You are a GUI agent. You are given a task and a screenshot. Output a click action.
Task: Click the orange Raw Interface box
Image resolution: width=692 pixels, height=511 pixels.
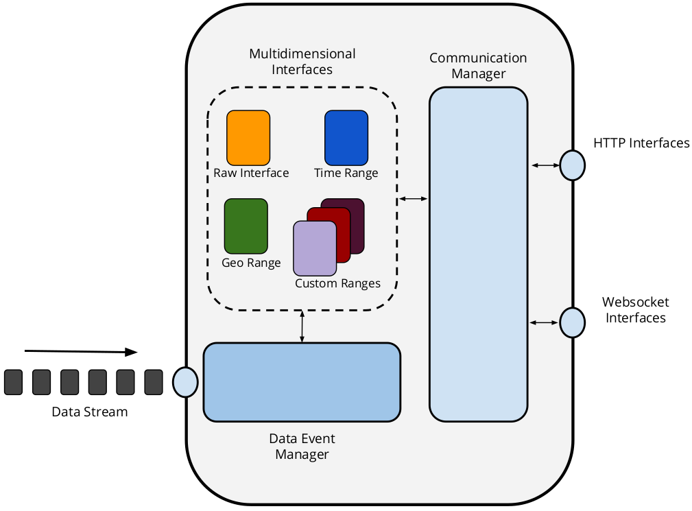[x=248, y=138]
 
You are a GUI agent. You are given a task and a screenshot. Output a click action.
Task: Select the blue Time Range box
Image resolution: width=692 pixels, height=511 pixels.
[x=346, y=138]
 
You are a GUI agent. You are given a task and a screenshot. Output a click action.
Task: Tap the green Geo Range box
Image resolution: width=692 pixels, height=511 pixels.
[x=246, y=226]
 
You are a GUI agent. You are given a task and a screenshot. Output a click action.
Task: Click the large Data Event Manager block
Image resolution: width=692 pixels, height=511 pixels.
[x=302, y=381]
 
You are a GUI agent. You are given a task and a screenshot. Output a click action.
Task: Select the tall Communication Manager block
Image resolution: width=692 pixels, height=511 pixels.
[x=478, y=254]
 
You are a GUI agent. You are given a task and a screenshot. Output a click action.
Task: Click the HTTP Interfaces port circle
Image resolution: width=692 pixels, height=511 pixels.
[x=571, y=165]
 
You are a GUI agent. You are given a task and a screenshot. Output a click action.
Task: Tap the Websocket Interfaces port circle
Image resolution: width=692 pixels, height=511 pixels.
[x=571, y=322]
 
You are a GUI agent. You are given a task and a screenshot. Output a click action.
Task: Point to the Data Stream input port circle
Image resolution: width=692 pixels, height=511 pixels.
[x=185, y=381]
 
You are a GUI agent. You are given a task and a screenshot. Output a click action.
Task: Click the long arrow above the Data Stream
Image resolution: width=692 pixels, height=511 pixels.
[x=81, y=352]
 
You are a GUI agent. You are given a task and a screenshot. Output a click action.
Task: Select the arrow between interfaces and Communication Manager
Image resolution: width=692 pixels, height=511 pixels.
[x=413, y=199]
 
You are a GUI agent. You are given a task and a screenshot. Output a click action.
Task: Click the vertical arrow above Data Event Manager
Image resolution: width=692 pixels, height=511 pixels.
[x=302, y=326]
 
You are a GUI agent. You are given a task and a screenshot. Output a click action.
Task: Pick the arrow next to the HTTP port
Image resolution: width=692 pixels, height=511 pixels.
[x=545, y=165]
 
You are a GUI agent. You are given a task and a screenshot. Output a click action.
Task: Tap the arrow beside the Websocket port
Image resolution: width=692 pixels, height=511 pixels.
[x=545, y=322]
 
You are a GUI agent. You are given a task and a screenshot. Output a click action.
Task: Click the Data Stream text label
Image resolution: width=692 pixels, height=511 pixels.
[x=90, y=412]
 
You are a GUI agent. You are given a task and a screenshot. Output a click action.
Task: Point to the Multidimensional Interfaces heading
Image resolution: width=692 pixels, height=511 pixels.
[x=302, y=61]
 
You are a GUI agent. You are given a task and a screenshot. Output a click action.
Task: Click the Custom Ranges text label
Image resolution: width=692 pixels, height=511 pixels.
[x=337, y=283]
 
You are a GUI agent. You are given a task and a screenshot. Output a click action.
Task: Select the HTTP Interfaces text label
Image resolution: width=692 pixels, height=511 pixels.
[x=641, y=143]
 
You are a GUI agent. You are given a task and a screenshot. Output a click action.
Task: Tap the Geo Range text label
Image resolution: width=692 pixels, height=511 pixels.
[x=251, y=263]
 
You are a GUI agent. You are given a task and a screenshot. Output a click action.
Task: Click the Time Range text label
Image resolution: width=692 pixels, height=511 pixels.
[x=346, y=173]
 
